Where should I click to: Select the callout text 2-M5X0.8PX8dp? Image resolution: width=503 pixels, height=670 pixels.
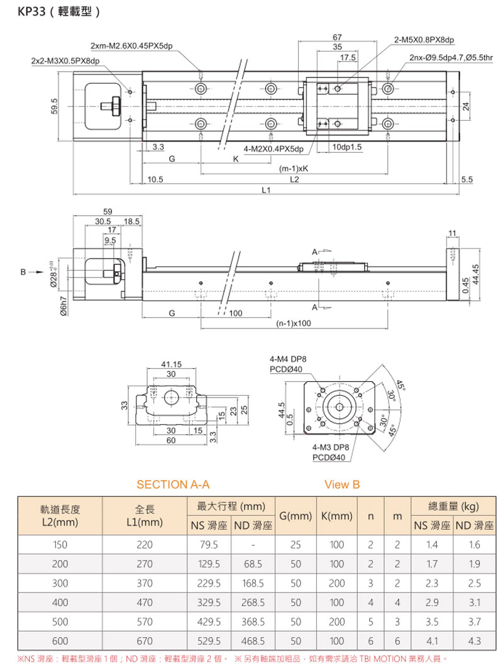pyautogui.click(x=424, y=40)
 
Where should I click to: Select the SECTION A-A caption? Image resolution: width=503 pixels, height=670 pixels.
pyautogui.click(x=172, y=484)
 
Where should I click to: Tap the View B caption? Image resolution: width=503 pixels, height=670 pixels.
pyautogui.click(x=342, y=484)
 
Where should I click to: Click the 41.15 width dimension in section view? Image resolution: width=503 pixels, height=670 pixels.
pyautogui.click(x=171, y=364)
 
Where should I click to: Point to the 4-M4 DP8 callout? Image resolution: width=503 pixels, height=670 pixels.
pyautogui.click(x=288, y=359)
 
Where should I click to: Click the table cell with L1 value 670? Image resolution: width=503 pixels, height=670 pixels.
pyautogui.click(x=145, y=642)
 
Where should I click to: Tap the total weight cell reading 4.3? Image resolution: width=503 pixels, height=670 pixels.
pyautogui.click(x=474, y=642)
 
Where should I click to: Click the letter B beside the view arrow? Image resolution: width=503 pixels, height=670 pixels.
pyautogui.click(x=23, y=272)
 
